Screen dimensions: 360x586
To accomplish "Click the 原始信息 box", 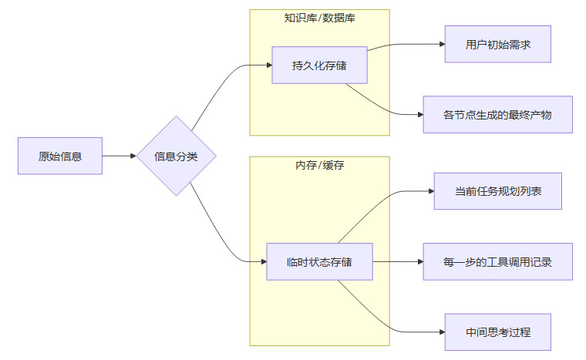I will point(60,156).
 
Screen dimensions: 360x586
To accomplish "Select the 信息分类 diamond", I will point(176,156).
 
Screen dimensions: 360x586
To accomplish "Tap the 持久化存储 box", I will point(319,66).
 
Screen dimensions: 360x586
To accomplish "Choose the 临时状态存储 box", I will point(319,262).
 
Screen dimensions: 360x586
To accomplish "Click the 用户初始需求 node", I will point(498,44).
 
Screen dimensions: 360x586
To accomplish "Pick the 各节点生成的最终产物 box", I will point(497,115).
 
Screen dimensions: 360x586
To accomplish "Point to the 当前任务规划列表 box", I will point(497,191).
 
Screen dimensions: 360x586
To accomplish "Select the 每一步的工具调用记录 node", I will point(497,262).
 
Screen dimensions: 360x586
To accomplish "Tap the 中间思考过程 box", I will point(498,332).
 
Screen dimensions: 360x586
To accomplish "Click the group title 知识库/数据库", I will point(319,17).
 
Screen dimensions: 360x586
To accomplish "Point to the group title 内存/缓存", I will point(319,165).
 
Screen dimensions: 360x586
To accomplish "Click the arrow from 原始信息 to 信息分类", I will point(119,156).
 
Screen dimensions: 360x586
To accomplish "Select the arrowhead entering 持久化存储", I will point(268,66).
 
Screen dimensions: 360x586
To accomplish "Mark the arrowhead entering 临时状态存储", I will point(262,262).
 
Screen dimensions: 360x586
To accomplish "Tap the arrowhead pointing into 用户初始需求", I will point(441,44).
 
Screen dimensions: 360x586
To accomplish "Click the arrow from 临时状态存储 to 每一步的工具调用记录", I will point(397,262).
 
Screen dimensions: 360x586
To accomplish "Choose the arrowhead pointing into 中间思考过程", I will point(441,332).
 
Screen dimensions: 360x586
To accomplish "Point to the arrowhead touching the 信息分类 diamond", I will point(132,156).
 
